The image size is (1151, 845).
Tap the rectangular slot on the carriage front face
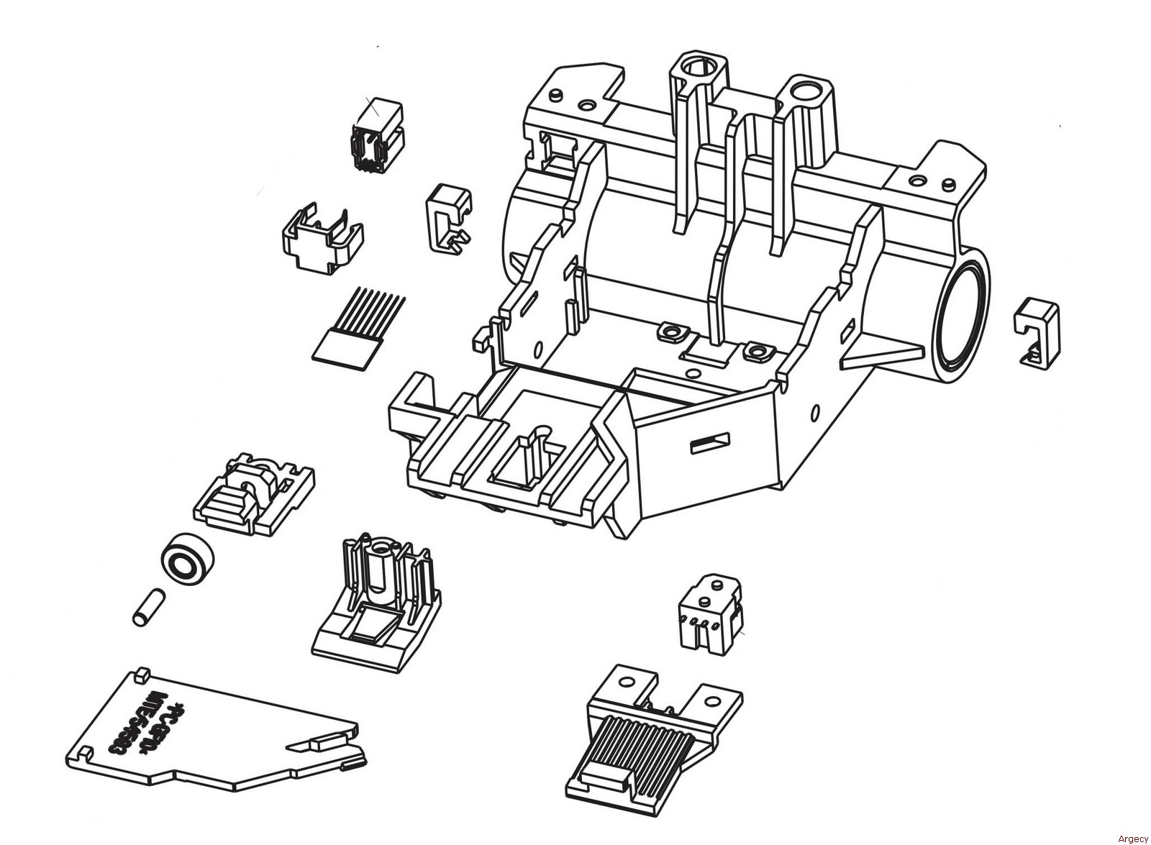click(x=710, y=444)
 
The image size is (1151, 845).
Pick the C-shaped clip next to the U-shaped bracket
click(x=449, y=217)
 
